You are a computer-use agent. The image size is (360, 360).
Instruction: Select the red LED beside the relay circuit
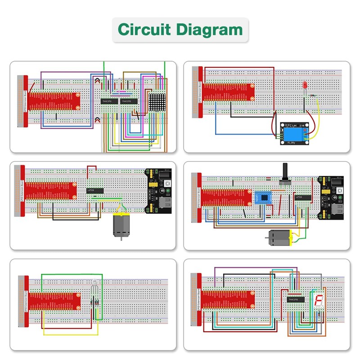coord(305,86)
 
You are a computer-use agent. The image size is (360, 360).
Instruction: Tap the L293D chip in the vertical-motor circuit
coord(95,191)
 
